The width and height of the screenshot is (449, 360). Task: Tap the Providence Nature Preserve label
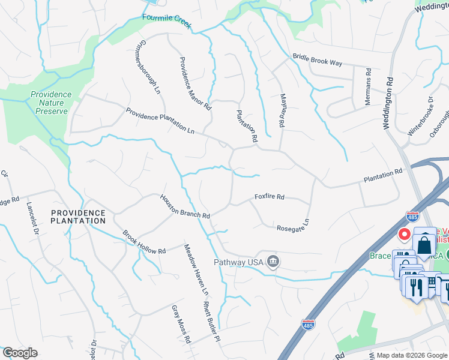[51, 103]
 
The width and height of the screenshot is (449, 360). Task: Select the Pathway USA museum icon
[273, 262]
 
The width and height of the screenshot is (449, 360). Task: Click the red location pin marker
[405, 233]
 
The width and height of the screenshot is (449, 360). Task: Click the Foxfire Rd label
[269, 196]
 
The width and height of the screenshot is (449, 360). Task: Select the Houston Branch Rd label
[184, 206]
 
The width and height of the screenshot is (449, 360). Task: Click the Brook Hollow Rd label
[144, 242]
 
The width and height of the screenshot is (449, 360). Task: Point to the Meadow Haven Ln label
[196, 269]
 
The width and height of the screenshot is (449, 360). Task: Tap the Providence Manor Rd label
[195, 83]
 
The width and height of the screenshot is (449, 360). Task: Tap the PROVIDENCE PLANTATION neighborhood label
[78, 217]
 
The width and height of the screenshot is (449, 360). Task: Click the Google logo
[19, 353]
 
